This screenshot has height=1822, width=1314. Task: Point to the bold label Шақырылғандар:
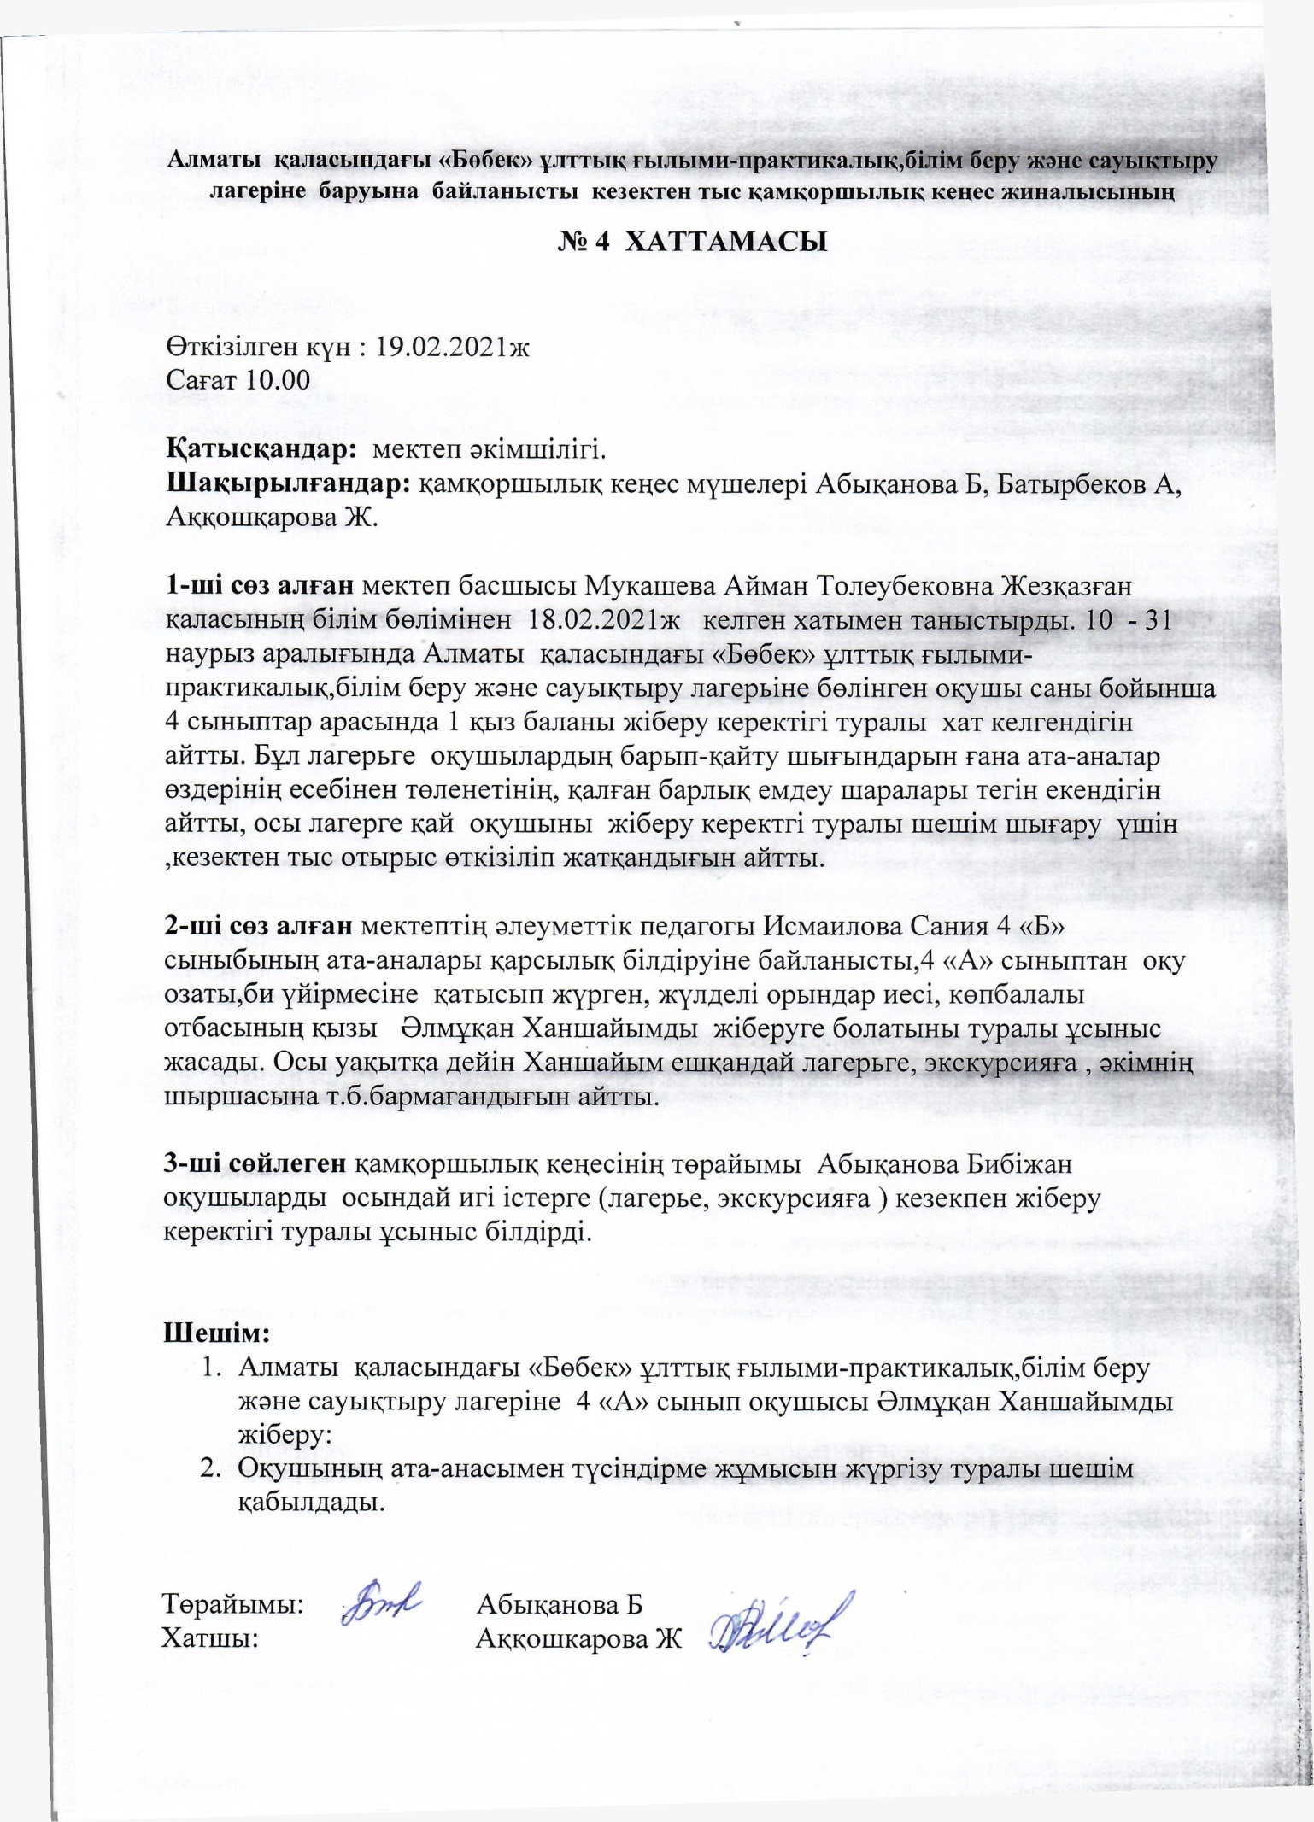click(290, 483)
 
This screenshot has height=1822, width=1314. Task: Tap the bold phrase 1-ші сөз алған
click(259, 587)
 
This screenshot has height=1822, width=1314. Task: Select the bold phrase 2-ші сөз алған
click(259, 927)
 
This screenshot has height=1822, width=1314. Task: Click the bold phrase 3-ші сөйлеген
click(255, 1164)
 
